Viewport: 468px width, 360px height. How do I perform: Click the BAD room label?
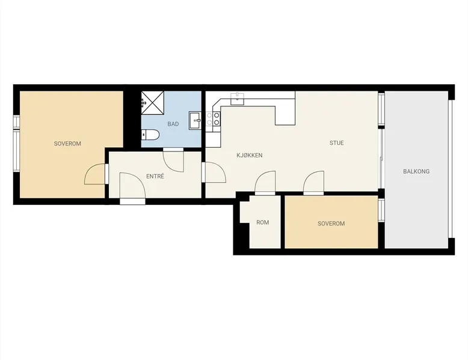point(173,124)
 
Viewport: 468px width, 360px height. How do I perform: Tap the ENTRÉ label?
point(155,176)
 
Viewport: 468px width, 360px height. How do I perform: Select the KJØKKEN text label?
point(250,155)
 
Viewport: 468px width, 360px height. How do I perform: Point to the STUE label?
point(337,143)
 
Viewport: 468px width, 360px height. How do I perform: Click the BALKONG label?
point(416,171)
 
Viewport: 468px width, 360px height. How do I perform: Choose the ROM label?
point(263,222)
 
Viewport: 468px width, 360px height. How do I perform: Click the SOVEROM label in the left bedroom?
point(67,144)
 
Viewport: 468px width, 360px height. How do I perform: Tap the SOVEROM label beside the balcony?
point(331,224)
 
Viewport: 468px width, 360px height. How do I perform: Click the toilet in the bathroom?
point(151,135)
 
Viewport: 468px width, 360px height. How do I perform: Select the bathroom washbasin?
point(195,120)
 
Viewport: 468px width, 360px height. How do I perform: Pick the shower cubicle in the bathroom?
point(153,103)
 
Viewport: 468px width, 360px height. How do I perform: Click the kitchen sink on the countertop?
point(238,99)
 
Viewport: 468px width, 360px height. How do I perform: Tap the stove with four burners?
point(213,119)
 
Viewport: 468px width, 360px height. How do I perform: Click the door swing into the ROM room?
point(265,183)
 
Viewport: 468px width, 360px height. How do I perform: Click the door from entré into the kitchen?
point(214,172)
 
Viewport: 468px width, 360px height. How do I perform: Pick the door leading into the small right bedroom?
point(313,183)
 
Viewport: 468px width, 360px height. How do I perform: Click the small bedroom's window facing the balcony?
point(381,210)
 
